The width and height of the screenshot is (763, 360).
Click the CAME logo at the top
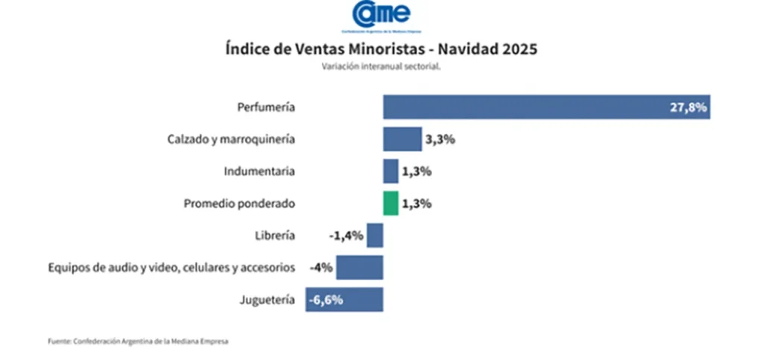click(x=381, y=16)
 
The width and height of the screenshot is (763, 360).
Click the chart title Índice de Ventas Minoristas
click(x=381, y=49)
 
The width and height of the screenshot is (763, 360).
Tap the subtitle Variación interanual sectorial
click(x=381, y=66)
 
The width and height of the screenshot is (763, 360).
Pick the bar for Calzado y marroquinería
click(x=402, y=139)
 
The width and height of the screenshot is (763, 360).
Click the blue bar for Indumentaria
click(x=390, y=171)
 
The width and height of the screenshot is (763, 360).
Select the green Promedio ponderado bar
click(x=390, y=203)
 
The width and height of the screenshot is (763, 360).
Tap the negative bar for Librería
click(x=375, y=236)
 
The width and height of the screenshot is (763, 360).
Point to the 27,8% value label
click(x=687, y=107)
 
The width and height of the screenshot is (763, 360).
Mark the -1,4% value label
click(x=346, y=236)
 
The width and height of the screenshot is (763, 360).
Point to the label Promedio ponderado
click(x=239, y=203)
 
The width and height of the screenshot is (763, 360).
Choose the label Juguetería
click(x=267, y=299)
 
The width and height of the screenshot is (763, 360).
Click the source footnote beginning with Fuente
click(x=139, y=341)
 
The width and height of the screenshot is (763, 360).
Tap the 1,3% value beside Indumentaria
click(x=417, y=171)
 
